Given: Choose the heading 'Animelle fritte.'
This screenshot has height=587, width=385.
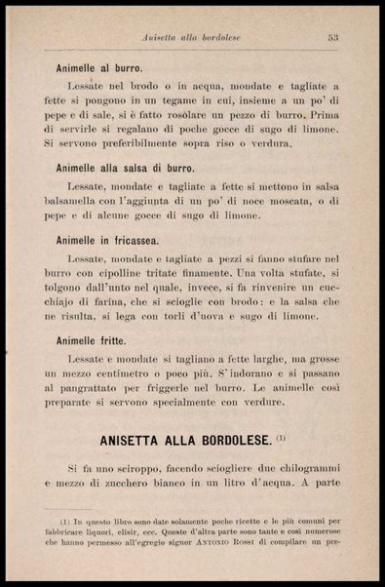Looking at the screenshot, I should (94, 340).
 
